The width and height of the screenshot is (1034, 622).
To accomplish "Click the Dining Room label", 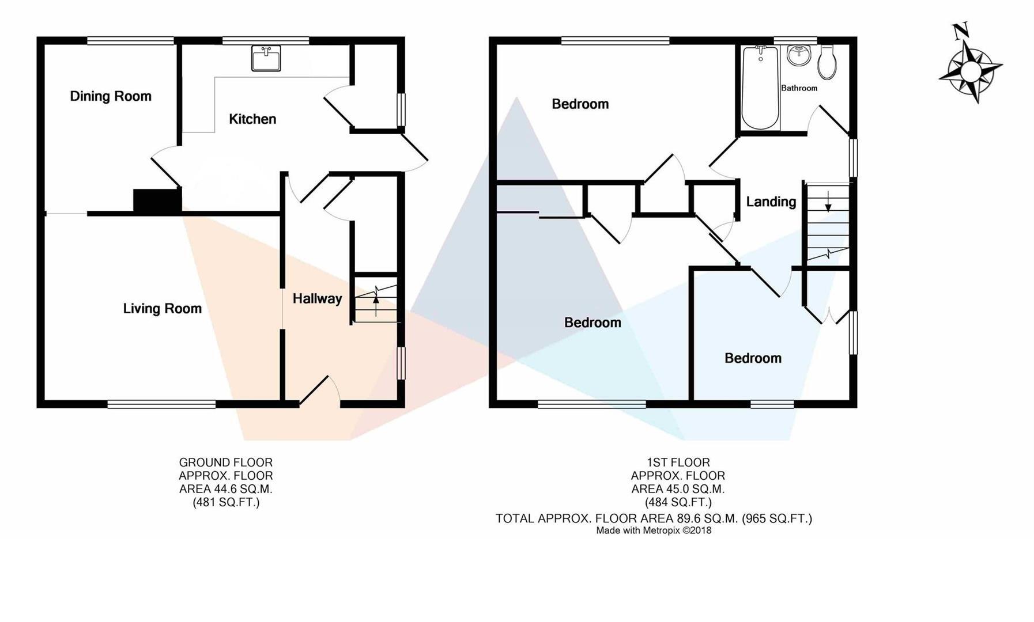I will pyautogui.click(x=111, y=96).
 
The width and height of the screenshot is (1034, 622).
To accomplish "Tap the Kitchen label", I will pyautogui.click(x=252, y=119).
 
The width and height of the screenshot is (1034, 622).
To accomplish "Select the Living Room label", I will pyautogui.click(x=162, y=309).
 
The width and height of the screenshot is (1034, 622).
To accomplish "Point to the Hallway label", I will pyautogui.click(x=317, y=298).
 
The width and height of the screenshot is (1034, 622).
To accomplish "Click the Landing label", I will pyautogui.click(x=771, y=202).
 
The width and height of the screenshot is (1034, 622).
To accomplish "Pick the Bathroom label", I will pyautogui.click(x=799, y=88).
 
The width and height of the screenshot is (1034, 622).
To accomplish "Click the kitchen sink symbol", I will pyautogui.click(x=266, y=58).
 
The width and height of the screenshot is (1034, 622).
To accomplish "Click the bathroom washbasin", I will pyautogui.click(x=799, y=56).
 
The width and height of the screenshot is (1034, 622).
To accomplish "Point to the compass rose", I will pyautogui.click(x=971, y=71).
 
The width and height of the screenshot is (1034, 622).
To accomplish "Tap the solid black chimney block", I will pyautogui.click(x=157, y=200).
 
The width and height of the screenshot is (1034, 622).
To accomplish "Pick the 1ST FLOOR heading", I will pyautogui.click(x=678, y=462).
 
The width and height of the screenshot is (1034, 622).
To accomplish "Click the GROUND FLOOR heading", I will pyautogui.click(x=225, y=462).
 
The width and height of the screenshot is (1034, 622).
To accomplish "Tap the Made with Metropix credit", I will pyautogui.click(x=654, y=530).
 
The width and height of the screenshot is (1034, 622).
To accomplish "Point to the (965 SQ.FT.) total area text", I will pyautogui.click(x=777, y=518).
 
